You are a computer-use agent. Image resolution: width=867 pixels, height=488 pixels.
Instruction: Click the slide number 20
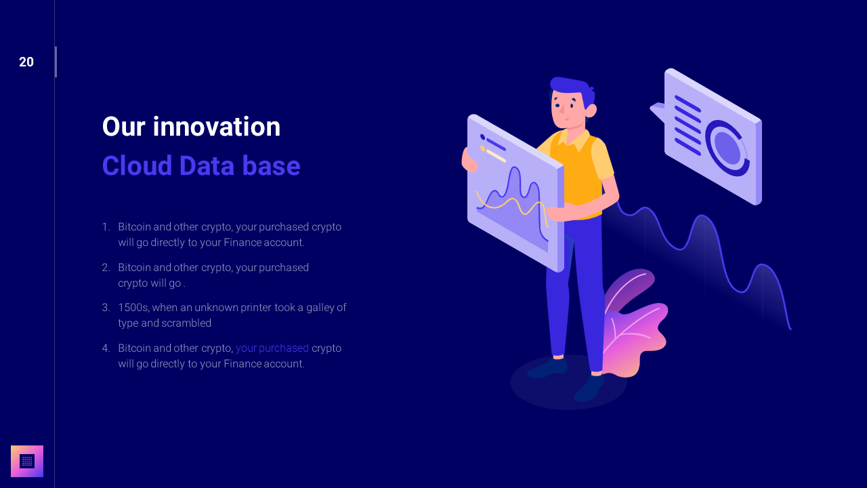point(26,62)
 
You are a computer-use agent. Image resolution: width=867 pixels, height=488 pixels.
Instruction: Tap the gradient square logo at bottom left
point(27,461)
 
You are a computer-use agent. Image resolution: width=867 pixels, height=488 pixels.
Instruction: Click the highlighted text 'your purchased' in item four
point(272,348)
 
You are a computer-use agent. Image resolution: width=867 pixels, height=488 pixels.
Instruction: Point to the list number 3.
point(106,308)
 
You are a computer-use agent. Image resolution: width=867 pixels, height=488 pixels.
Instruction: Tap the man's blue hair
point(570,87)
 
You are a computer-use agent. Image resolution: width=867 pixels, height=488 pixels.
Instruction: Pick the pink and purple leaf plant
point(633,325)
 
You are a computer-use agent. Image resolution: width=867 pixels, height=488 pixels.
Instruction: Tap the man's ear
point(591,110)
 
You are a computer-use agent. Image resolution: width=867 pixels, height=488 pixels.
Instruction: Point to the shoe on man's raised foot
point(589,388)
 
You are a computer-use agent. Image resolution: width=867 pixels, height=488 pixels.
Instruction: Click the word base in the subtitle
point(273,166)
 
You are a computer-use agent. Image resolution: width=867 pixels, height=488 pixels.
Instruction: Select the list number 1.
point(106,227)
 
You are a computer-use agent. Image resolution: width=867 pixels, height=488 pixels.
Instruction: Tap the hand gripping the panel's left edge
point(467,160)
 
